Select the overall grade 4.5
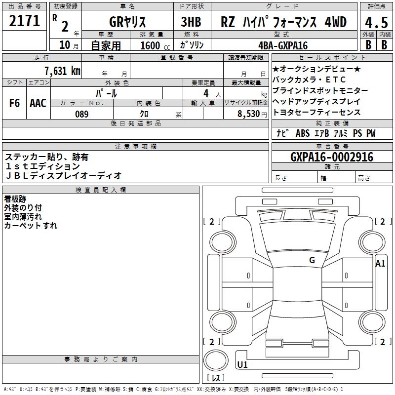[x=375, y=23]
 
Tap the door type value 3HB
[x=191, y=22]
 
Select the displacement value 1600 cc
[x=151, y=45]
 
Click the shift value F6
[x=15, y=103]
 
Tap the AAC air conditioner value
[x=38, y=103]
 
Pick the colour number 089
[x=81, y=114]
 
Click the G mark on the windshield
[x=312, y=260]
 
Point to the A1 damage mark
[x=380, y=263]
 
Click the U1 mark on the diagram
[x=242, y=365]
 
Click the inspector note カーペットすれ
[x=31, y=226]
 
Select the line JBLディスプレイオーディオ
[x=63, y=176]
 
